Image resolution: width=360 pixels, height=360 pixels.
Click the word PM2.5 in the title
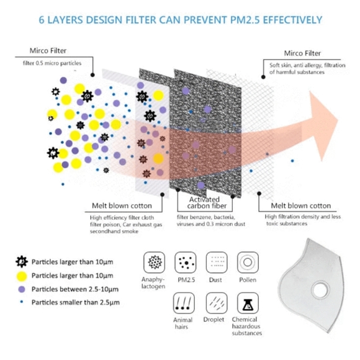tap(245, 20)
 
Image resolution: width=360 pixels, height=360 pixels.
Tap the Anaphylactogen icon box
tap(155, 262)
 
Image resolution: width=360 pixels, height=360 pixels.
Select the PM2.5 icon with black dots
tap(186, 262)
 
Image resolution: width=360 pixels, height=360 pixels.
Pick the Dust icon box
tap(217, 262)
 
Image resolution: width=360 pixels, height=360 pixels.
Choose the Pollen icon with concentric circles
tap(248, 262)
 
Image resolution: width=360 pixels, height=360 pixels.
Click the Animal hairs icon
tap(184, 303)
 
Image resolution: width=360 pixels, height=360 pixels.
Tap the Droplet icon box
tap(217, 303)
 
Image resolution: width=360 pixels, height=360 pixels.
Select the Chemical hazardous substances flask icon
tap(248, 303)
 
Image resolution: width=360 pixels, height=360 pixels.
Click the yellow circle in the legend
tap(22, 276)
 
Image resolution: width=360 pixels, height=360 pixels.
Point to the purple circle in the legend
tap(22, 289)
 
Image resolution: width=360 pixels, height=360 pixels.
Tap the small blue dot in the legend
tap(22, 302)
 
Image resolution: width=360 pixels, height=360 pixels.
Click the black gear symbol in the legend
tap(22, 262)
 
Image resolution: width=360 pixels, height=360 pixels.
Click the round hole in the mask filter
tap(321, 290)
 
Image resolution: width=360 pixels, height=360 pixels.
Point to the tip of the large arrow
tap(338, 120)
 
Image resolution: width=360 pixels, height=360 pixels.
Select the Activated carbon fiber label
tap(207, 202)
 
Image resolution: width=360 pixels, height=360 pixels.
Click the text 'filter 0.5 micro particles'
tap(52, 63)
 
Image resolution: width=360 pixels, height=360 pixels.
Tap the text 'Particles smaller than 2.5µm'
tap(76, 302)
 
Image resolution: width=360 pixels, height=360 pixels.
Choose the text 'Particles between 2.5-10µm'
tap(75, 289)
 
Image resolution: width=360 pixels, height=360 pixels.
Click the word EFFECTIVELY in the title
tap(292, 20)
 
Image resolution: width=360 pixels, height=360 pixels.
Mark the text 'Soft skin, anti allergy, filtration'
tap(307, 65)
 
